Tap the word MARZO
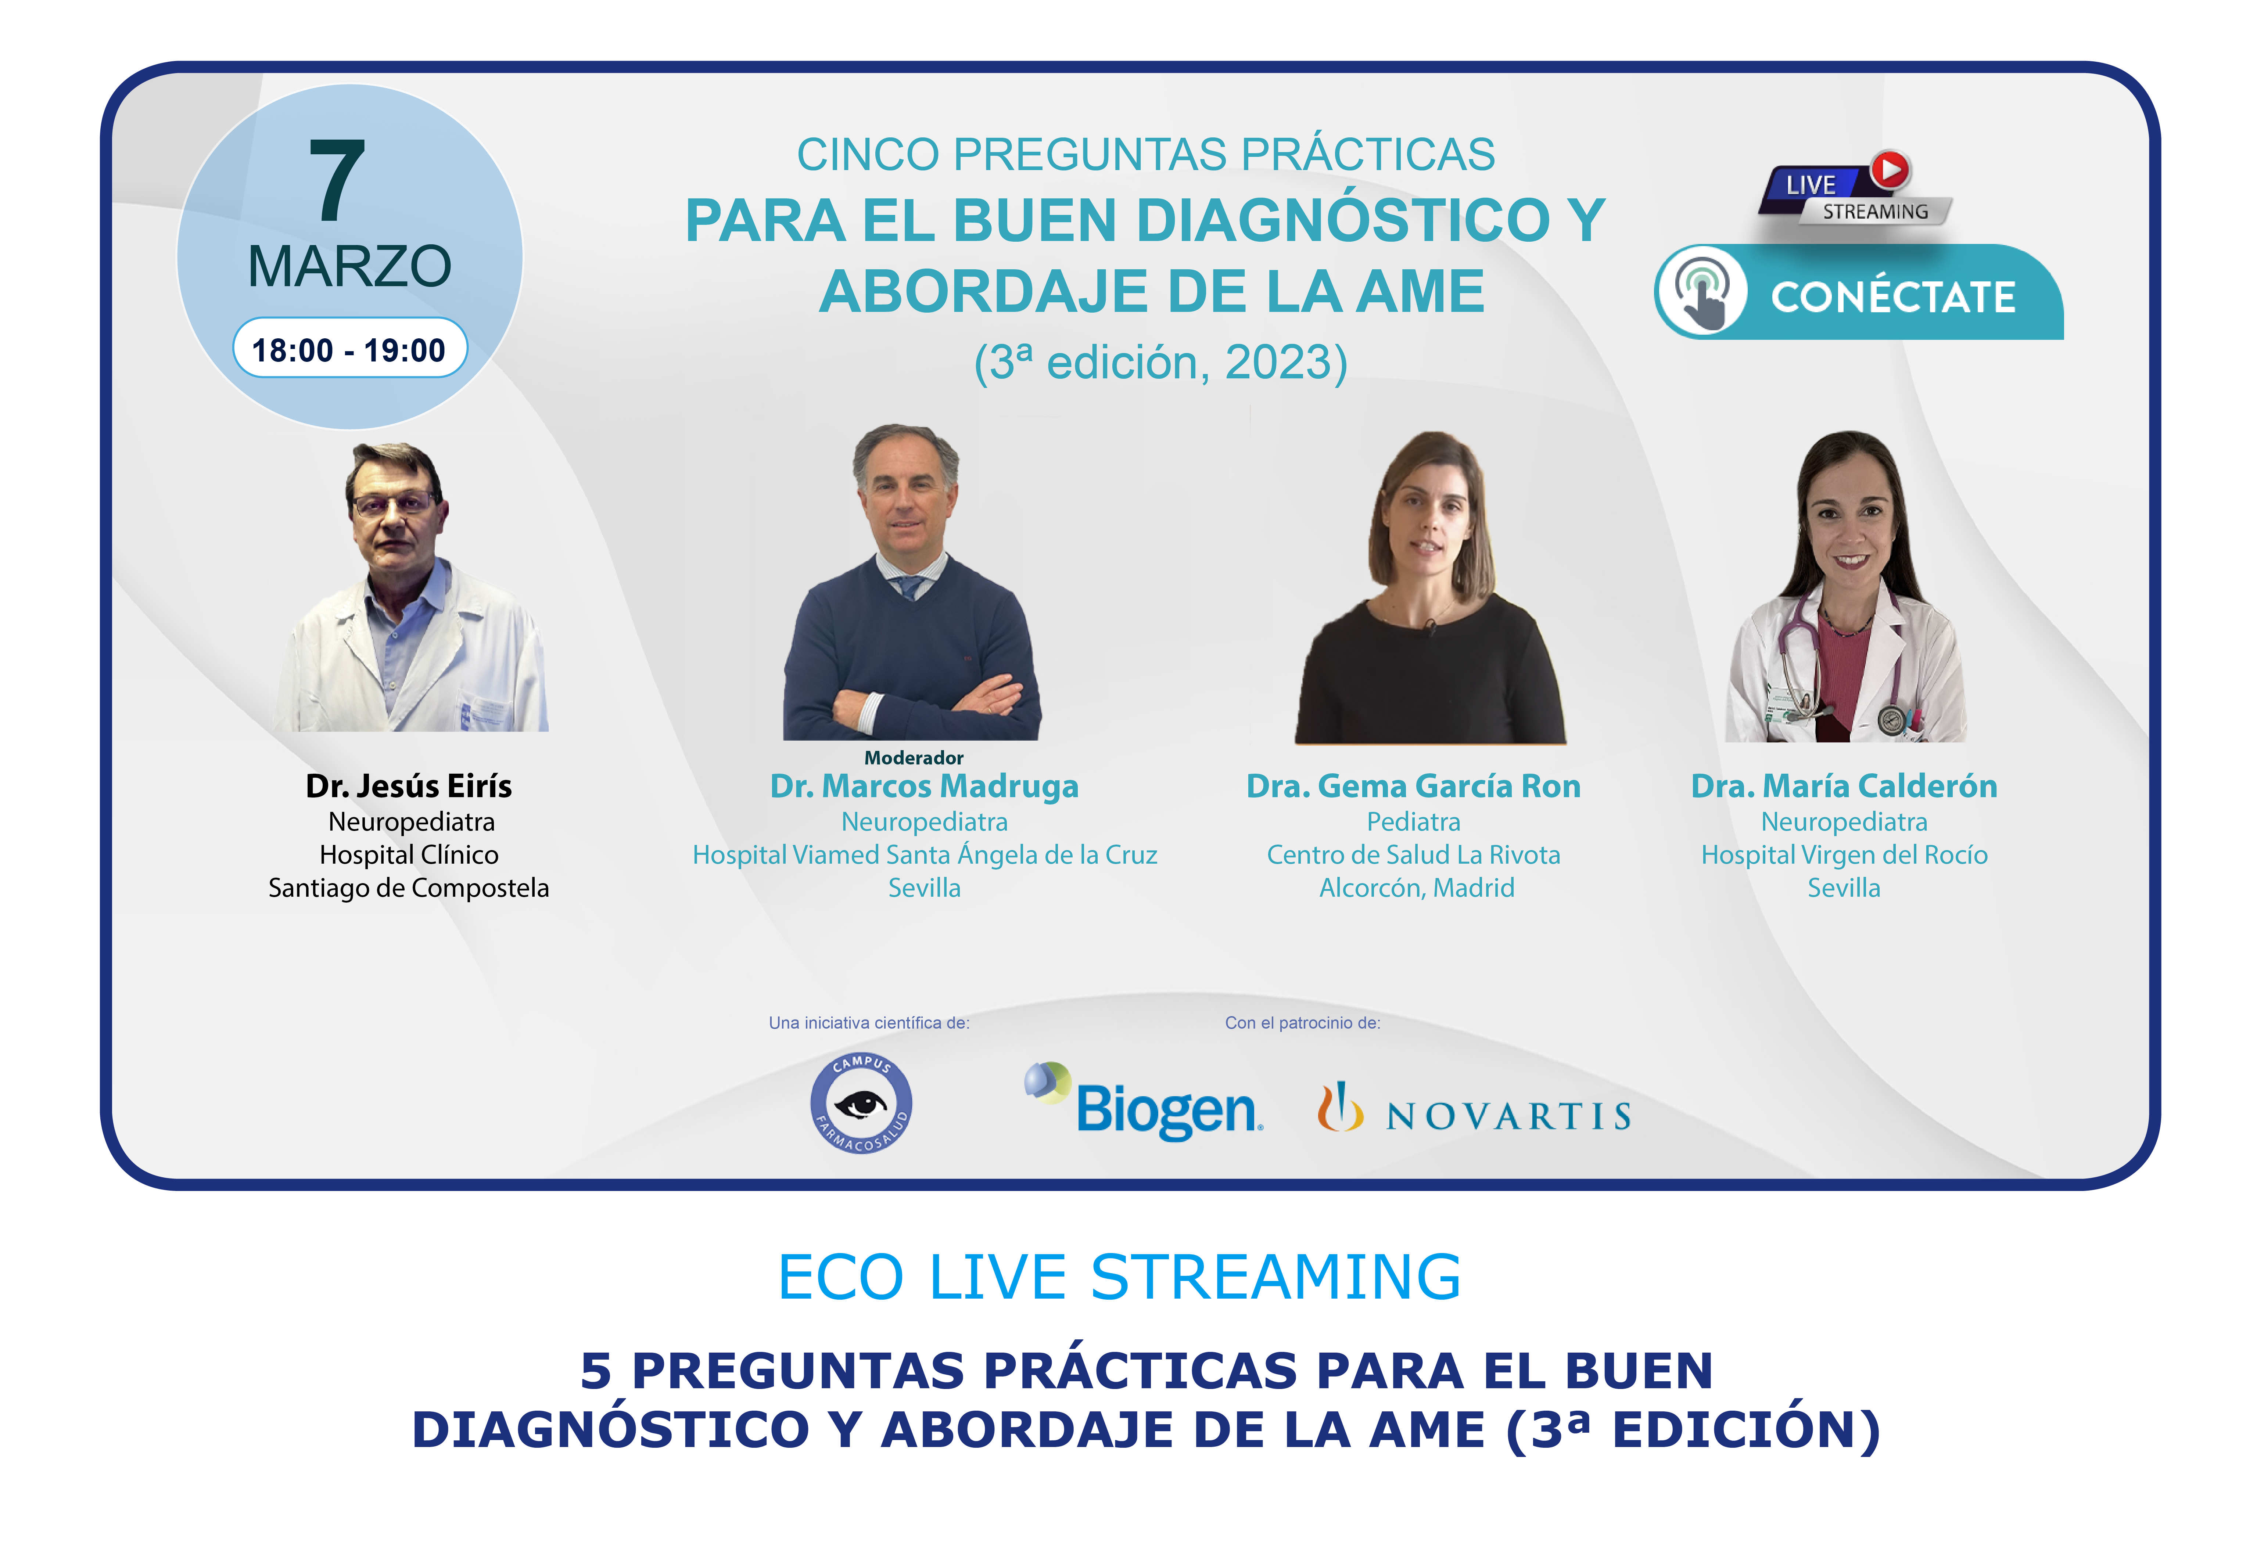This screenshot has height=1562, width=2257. [349, 266]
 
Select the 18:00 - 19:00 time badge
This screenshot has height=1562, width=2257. [349, 348]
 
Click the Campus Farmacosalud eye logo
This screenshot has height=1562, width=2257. [861, 1103]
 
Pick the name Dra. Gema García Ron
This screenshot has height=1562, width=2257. [1413, 786]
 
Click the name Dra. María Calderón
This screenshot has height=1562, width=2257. [1844, 786]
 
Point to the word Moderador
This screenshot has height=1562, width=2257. [914, 757]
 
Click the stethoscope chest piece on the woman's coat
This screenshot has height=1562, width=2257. [1892, 719]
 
